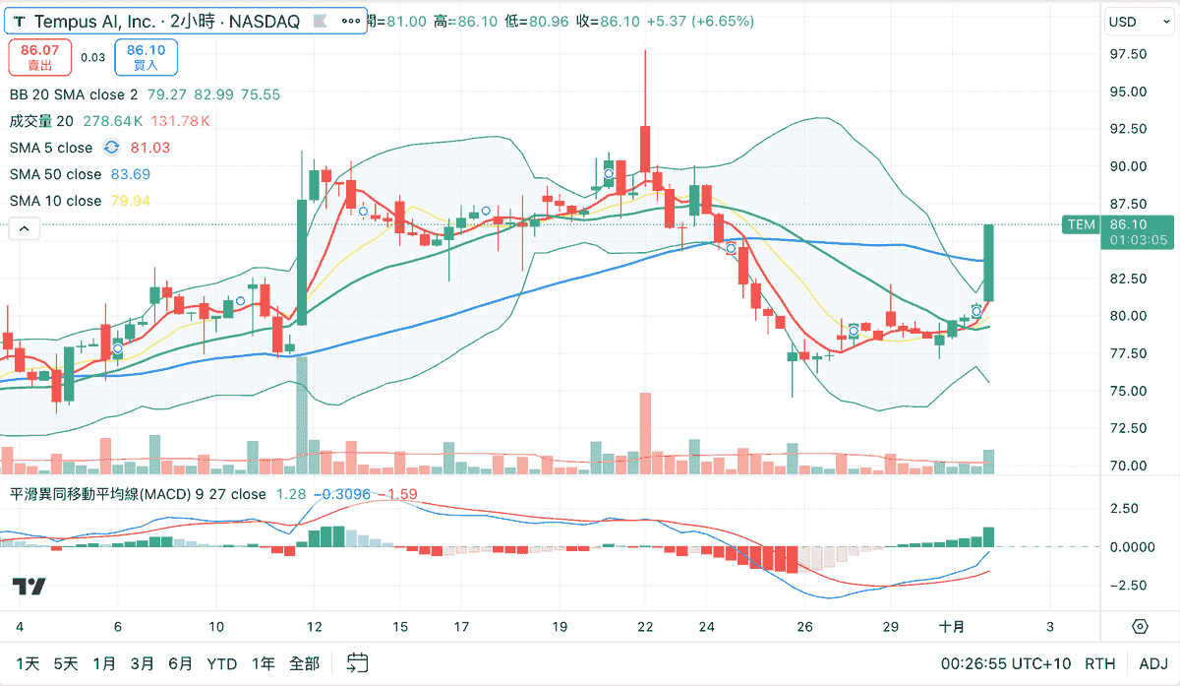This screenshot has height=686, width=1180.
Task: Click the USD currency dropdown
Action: coord(1140,22)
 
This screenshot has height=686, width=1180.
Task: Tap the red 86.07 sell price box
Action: coord(39,57)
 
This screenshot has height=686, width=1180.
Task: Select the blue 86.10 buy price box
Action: coord(146,57)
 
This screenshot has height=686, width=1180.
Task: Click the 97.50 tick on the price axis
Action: coord(1127,54)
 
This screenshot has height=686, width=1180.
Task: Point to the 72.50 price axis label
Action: coord(1127,428)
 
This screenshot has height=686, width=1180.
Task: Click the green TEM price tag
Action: coord(1081,224)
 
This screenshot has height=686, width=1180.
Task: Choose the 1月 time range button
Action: coord(103,663)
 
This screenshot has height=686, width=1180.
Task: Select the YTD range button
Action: coord(222,663)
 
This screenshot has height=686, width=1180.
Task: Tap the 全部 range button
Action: coord(305,663)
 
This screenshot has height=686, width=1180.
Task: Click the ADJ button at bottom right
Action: coord(1153,663)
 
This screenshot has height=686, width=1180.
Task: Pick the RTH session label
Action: coord(1099,663)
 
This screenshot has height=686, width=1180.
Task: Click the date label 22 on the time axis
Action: coord(645,627)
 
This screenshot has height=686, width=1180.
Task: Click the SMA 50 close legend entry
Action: coord(55,174)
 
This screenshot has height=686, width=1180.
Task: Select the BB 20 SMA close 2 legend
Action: coord(74,94)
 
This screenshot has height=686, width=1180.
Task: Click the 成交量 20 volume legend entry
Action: coord(41,121)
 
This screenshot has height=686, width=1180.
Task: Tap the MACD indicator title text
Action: coord(138,494)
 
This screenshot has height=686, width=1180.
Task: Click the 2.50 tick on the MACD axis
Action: coord(1123,509)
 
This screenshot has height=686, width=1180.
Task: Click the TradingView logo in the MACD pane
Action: coord(29,587)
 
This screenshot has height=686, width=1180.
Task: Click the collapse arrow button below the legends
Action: coord(25,228)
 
